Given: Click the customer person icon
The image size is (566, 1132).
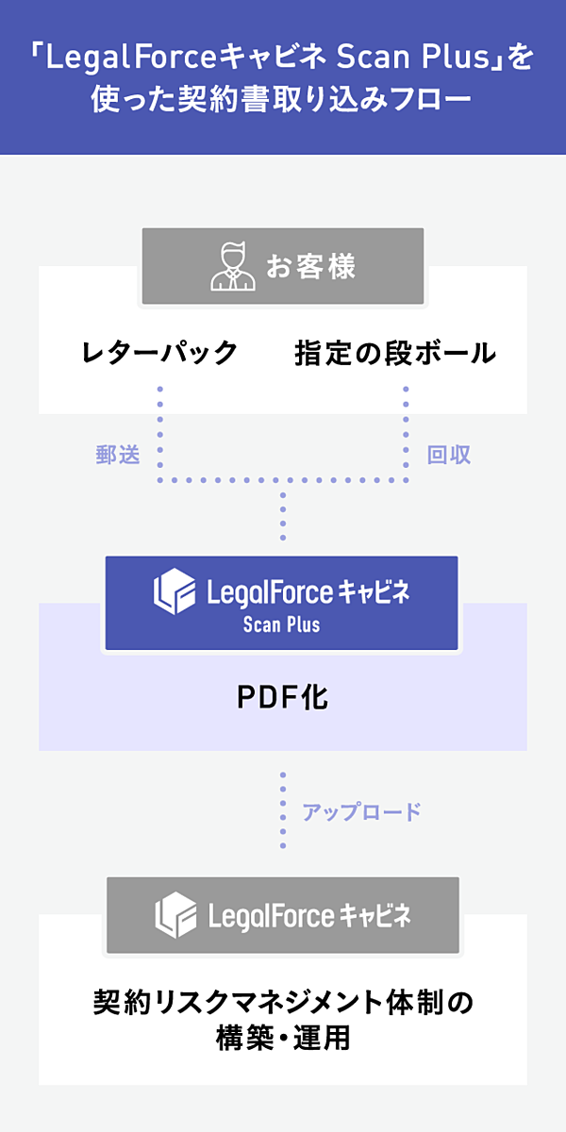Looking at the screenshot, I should [x=232, y=267].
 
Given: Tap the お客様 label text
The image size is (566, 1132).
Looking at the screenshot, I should [x=310, y=267].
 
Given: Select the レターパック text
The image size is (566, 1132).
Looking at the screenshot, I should [x=159, y=353].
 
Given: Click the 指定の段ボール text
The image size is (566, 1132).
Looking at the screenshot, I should [x=395, y=353].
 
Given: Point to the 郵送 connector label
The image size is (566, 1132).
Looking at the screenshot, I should [x=118, y=455].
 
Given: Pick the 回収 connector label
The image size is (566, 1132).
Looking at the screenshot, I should [x=449, y=455].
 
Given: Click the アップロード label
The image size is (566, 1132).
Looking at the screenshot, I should [x=361, y=811].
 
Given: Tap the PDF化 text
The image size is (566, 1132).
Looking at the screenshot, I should [x=282, y=698].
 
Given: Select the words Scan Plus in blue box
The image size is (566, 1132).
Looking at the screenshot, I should [x=281, y=624].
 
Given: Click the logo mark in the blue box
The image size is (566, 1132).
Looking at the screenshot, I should [x=175, y=591].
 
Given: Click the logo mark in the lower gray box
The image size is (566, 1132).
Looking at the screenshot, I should [x=175, y=914].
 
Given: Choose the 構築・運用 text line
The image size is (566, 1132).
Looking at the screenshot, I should [x=282, y=1039].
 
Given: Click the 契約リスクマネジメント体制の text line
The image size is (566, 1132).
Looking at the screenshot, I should [x=282, y=1002].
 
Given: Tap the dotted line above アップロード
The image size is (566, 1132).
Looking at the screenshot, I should [x=282, y=809].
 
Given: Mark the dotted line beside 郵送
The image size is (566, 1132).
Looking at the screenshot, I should [x=160, y=434].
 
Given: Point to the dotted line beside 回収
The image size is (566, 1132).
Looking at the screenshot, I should [x=407, y=434].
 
